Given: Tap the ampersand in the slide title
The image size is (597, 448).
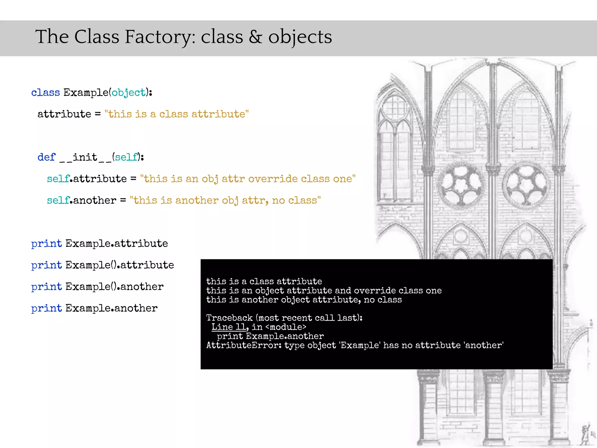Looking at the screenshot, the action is click(x=255, y=37).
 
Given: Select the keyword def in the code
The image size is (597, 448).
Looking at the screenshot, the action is click(x=46, y=157).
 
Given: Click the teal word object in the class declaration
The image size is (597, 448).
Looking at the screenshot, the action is click(x=129, y=93).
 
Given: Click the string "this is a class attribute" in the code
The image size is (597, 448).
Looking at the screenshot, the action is click(x=176, y=114).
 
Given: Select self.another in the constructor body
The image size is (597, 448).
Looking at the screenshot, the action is click(x=82, y=200).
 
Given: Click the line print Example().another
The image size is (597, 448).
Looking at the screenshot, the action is click(x=97, y=287).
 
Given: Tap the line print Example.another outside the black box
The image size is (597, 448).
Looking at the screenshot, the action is click(x=94, y=308).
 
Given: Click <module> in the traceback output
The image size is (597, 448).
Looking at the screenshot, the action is click(x=286, y=327).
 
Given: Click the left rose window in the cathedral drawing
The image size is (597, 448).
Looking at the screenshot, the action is click(x=461, y=184).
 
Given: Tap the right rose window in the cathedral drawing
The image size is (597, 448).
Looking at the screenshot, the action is click(x=526, y=184).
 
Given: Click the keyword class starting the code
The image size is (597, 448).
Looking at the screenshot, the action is click(x=45, y=93).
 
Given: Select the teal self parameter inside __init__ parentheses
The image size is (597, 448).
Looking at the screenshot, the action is click(x=126, y=157).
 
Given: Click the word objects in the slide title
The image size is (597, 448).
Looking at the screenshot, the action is click(x=300, y=37).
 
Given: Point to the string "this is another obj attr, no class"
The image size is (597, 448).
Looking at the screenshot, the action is click(x=225, y=200).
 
